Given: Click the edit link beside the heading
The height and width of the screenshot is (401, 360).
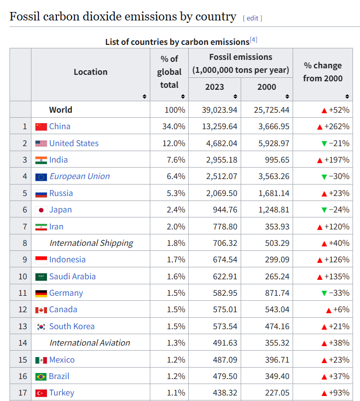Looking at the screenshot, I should [252, 18].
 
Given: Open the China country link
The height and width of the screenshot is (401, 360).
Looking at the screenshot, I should [59, 127].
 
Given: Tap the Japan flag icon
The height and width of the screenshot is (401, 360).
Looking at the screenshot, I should [41, 210].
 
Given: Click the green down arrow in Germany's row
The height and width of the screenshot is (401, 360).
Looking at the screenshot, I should [324, 293].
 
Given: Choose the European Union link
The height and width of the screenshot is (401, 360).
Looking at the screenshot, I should [79, 177].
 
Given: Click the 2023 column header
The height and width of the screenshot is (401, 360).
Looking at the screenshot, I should [215, 87].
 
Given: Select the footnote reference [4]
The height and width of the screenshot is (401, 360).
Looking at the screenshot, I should [253, 40].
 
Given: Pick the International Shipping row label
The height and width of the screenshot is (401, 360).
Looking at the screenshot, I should [91, 243].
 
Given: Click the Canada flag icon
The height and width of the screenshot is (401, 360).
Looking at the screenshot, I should [41, 310].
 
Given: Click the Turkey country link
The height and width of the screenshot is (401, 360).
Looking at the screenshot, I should [61, 393].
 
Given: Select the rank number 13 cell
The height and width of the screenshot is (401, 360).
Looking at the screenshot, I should [22, 327].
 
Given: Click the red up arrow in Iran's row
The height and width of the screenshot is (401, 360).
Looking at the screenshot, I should [320, 227].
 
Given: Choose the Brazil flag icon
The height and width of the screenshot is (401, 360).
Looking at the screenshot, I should [41, 377].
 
